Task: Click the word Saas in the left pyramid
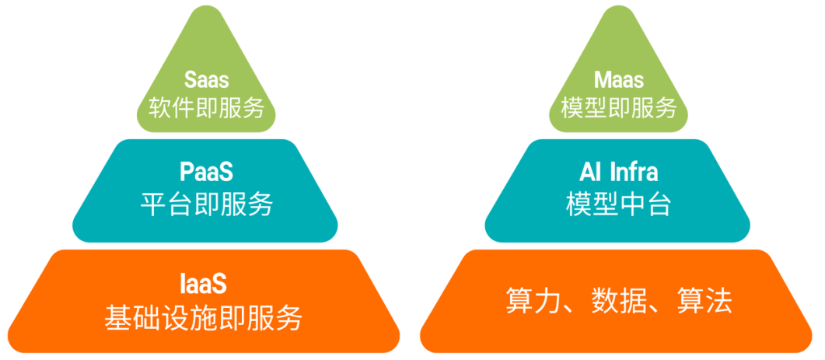[x=205, y=79]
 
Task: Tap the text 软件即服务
[x=206, y=108]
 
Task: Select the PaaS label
[x=206, y=171]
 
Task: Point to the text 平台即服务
[x=206, y=204]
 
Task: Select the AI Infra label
[x=618, y=171]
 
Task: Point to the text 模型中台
[x=618, y=204]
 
